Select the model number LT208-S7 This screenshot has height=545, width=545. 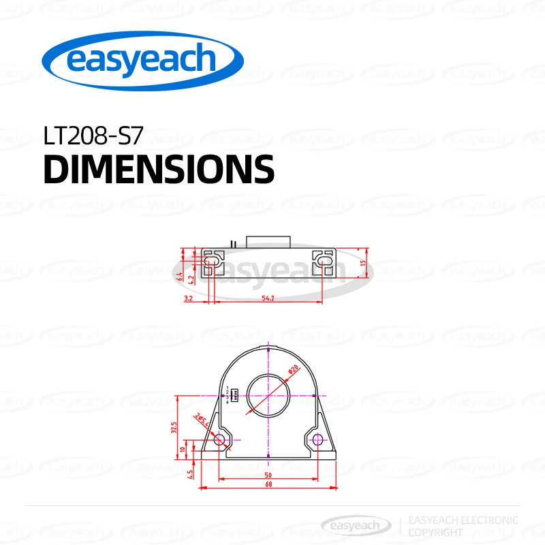click(x=93, y=136)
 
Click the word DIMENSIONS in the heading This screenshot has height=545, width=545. click(x=159, y=170)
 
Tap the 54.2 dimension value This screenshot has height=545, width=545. click(x=266, y=299)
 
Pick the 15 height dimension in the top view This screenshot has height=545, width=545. click(x=364, y=263)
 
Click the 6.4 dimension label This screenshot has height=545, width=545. click(x=180, y=276)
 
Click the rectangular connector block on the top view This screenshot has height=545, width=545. click(x=269, y=241)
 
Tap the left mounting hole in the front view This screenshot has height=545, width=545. click(x=219, y=439)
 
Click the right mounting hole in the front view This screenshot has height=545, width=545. click(x=317, y=439)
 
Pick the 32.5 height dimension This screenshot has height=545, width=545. click(x=174, y=428)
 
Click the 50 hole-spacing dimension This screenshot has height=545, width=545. click(x=268, y=474)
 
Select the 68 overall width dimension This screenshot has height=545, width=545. click(x=268, y=484)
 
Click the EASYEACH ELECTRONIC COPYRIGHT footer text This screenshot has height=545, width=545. click(x=462, y=525)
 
